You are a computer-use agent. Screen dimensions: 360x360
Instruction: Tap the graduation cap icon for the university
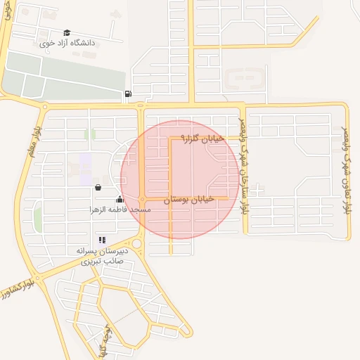click(x=67, y=32)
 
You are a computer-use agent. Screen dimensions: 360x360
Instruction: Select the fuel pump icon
click(x=127, y=94)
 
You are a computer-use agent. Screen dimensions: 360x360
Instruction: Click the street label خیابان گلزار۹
click(x=202, y=139)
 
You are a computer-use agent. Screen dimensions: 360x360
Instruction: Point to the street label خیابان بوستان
click(x=187, y=200)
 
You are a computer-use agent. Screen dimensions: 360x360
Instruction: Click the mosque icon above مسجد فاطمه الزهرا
click(x=120, y=199)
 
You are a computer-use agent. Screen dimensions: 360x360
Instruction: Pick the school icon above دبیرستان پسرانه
click(x=102, y=240)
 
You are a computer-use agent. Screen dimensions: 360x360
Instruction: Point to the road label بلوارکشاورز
click(x=15, y=289)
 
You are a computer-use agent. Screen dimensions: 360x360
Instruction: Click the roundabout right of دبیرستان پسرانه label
click(x=136, y=244)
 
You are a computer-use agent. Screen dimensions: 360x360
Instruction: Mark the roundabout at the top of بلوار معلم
click(x=45, y=108)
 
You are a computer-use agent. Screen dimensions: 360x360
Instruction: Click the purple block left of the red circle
click(x=86, y=169)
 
